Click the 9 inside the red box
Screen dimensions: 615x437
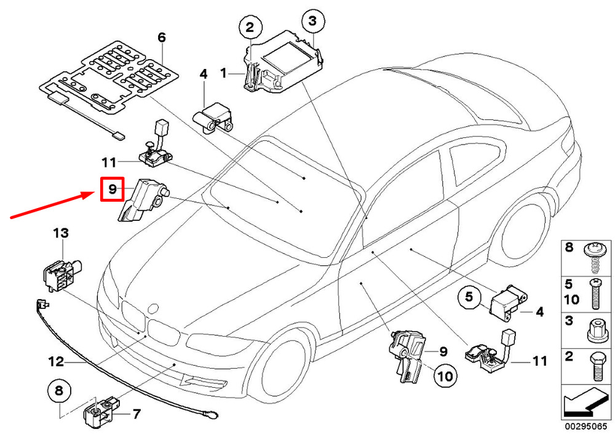tap(112, 190)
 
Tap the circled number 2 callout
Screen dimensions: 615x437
tap(250, 27)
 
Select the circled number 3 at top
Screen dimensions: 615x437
tap(312, 20)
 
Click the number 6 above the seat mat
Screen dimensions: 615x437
tap(162, 38)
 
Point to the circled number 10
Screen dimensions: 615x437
tap(445, 377)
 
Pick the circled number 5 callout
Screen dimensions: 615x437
tap(469, 297)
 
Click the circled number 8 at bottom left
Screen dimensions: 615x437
tap(59, 391)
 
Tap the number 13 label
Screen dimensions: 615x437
tap(61, 233)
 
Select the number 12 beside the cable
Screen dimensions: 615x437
tap(56, 361)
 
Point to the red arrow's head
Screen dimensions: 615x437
tap(92, 193)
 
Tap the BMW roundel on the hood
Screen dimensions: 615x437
tap(153, 308)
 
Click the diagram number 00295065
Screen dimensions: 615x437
tap(585, 427)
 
